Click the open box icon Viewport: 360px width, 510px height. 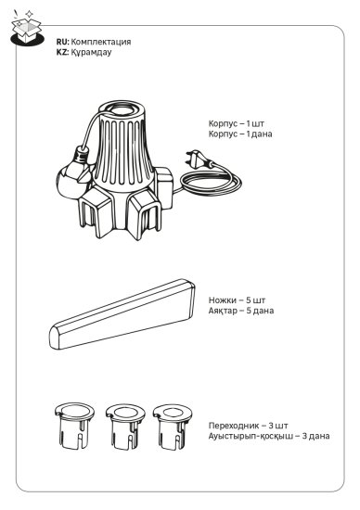click(27, 30)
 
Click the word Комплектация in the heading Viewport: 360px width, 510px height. click(101, 42)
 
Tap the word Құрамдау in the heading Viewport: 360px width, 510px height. click(91, 52)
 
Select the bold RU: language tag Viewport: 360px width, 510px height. click(63, 42)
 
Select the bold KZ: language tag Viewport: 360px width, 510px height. click(62, 52)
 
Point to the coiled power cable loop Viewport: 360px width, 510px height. click(211, 183)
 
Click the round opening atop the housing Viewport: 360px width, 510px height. click(122, 108)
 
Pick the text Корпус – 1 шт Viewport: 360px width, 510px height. click(237, 123)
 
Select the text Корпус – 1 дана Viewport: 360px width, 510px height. click(240, 134)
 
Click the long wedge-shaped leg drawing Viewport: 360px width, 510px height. click(122, 313)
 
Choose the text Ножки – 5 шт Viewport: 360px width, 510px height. click(237, 300)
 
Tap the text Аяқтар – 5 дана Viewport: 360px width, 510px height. click(241, 311)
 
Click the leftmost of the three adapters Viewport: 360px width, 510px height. click(74, 426)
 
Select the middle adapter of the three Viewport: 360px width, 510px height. click(125, 427)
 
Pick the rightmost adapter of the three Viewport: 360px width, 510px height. click(173, 427)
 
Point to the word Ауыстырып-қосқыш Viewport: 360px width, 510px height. click(251, 436)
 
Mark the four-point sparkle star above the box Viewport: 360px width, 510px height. click(30, 14)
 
